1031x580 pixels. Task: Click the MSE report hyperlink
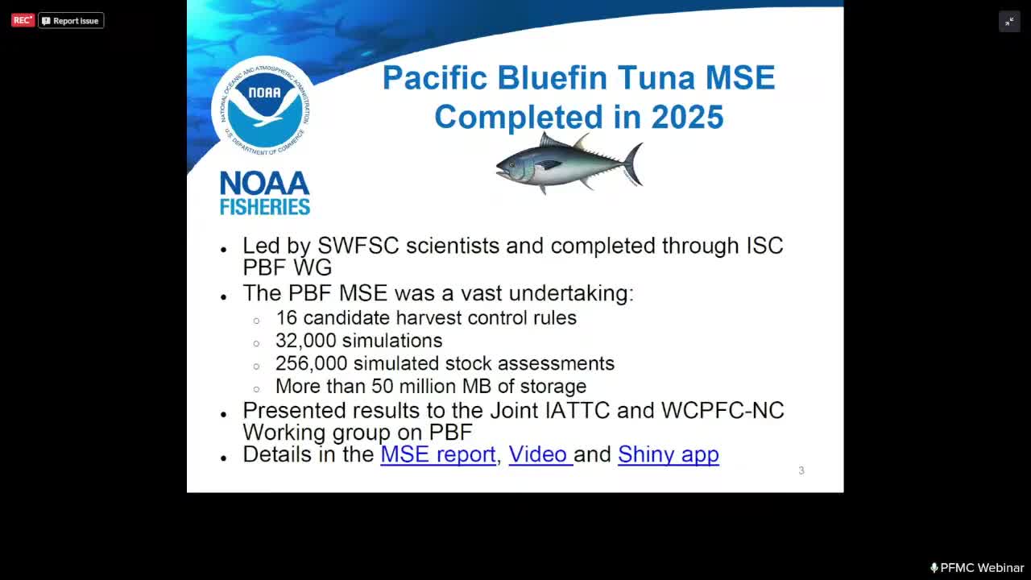click(437, 454)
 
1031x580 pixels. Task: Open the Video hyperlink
click(538, 454)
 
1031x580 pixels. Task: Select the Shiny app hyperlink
click(668, 454)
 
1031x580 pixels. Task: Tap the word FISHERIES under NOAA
click(264, 207)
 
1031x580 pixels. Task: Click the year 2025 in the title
click(687, 117)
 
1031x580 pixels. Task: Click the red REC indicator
click(23, 20)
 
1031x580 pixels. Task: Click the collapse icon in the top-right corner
click(1009, 22)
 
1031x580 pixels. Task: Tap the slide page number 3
click(801, 470)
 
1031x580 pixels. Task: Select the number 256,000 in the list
click(311, 364)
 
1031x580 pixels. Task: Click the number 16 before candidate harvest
click(286, 317)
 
